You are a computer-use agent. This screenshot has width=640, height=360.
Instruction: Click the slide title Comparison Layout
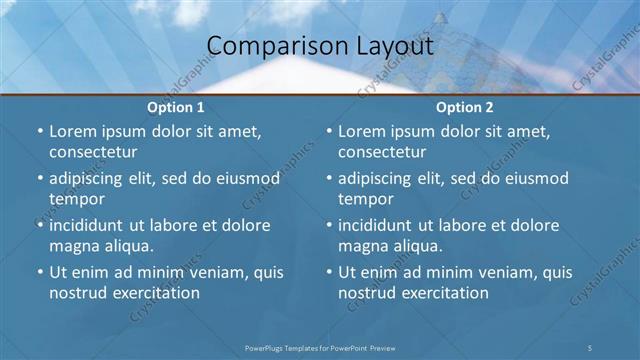[319, 47]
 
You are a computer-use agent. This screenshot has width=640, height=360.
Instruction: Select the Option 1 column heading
[176, 107]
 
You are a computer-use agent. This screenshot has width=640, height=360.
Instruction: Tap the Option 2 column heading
[465, 107]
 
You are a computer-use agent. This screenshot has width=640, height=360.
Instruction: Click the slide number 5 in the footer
[590, 346]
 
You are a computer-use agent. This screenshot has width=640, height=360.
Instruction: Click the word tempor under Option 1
[77, 199]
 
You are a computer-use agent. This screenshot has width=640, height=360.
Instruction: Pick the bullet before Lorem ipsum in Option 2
[328, 131]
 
